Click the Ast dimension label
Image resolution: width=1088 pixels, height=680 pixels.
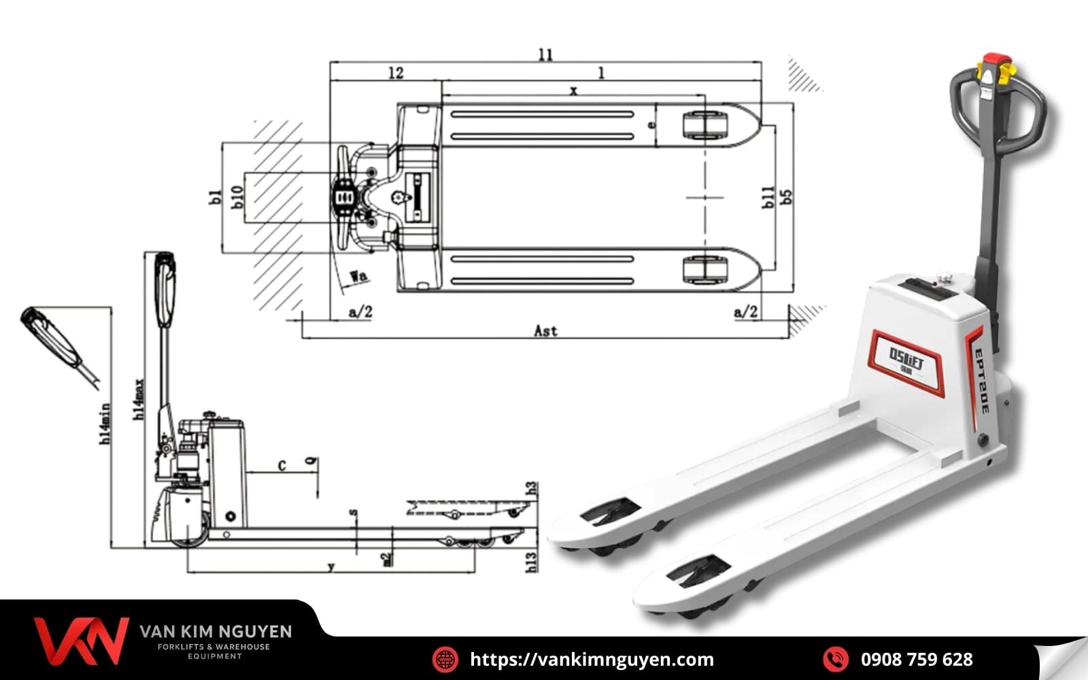pos(545,330)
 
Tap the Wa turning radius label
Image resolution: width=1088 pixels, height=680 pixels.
pos(359,275)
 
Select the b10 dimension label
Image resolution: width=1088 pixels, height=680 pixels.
pos(237,197)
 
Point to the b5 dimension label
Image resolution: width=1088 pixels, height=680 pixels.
pos(787,197)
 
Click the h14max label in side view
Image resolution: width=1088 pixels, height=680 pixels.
pos(139,399)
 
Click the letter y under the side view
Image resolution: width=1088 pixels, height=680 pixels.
pos(331,566)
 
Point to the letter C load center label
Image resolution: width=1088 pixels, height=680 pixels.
pos(282,466)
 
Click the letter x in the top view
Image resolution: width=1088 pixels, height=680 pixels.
pos(573,90)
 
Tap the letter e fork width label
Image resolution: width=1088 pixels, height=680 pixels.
pos(651,125)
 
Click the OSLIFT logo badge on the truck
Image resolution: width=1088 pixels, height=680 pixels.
pos(907,361)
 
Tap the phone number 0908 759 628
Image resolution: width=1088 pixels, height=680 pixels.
pos(917,659)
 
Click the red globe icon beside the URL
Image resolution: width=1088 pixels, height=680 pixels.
pos(445,659)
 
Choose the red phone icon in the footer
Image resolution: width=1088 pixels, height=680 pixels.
pos(835,659)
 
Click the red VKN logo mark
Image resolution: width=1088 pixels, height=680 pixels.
pos(80,640)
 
